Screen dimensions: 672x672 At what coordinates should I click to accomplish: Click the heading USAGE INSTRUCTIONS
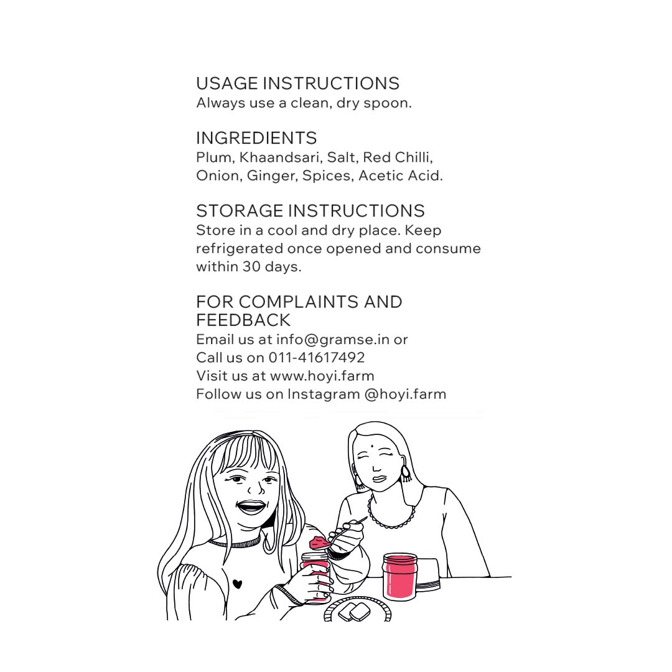[x=297, y=83]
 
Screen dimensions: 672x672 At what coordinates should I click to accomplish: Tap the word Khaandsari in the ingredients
[x=280, y=157]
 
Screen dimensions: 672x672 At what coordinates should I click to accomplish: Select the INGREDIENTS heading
[x=256, y=138]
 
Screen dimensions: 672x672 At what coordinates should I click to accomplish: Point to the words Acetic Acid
[x=400, y=175]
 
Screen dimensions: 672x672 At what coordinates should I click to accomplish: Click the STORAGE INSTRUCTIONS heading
[x=310, y=211]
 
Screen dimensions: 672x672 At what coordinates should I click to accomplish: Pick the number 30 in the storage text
[x=251, y=266]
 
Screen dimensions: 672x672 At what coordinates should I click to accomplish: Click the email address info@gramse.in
[x=332, y=340]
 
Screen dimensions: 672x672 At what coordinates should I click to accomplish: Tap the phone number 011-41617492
[x=317, y=357]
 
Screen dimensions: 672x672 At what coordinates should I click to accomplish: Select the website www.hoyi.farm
[x=322, y=376]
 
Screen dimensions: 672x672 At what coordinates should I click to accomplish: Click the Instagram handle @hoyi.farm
[x=406, y=394]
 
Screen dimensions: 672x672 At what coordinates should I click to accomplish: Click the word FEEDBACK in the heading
[x=243, y=320]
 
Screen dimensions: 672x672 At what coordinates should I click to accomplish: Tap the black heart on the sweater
[x=238, y=584]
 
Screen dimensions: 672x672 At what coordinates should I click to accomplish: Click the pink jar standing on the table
[x=400, y=576]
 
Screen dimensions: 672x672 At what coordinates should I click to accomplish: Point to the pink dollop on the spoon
[x=319, y=543]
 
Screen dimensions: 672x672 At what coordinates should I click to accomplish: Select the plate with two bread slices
[x=357, y=609]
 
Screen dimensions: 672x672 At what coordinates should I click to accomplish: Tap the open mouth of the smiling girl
[x=251, y=508]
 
